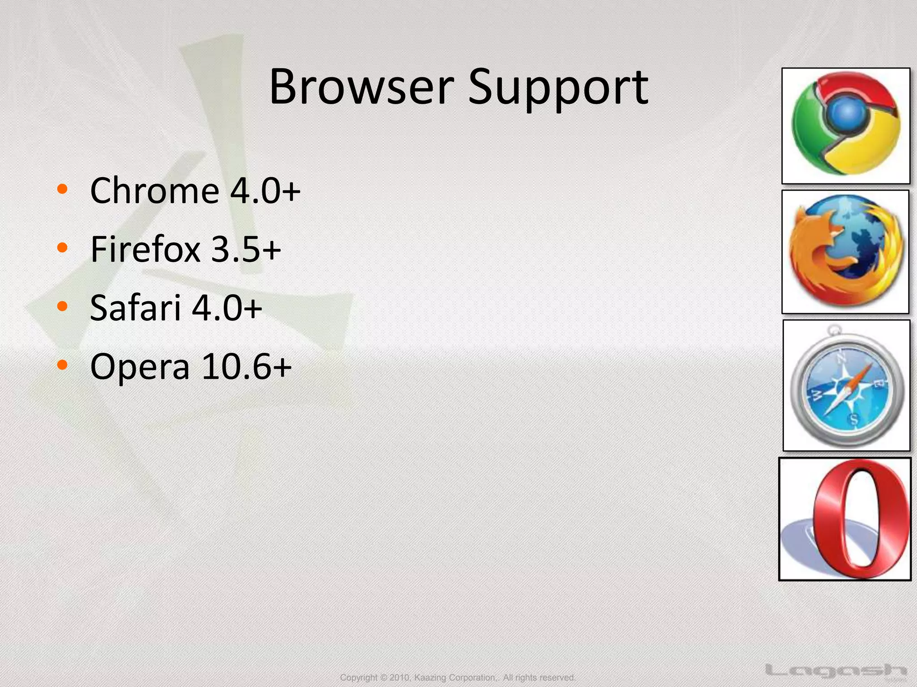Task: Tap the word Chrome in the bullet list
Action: click(154, 191)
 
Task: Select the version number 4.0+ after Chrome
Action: click(265, 191)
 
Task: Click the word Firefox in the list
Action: click(145, 250)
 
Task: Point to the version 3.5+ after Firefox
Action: click(246, 250)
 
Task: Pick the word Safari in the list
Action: click(136, 308)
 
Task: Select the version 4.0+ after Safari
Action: click(227, 308)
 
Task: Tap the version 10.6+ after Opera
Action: click(247, 367)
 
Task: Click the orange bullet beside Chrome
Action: click(62, 189)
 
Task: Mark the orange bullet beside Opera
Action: click(62, 365)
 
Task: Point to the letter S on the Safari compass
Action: click(854, 420)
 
